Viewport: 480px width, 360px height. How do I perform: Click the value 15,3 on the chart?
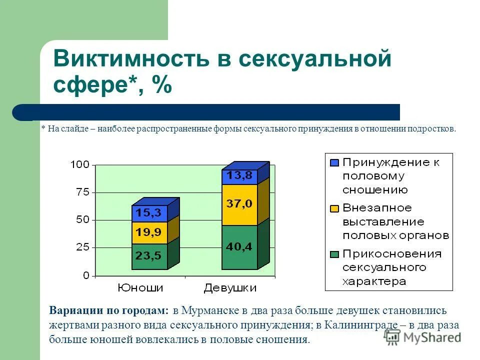tap(149, 213)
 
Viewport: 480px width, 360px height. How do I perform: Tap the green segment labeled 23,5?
tap(149, 256)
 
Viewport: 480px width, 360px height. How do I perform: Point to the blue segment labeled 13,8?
tap(239, 176)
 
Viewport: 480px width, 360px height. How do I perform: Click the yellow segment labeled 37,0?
tap(239, 204)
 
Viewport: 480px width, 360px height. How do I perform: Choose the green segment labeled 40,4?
tap(239, 246)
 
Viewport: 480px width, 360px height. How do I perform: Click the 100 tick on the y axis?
tap(80, 164)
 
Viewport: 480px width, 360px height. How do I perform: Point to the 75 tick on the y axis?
tap(82, 192)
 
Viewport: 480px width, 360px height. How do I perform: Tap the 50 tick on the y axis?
tap(82, 220)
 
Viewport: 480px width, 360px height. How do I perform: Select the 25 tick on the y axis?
tap(82, 247)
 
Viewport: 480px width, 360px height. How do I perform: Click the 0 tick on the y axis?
tap(86, 275)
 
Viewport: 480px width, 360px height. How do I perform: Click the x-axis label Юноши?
tap(140, 288)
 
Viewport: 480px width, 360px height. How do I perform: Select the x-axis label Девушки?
tap(230, 288)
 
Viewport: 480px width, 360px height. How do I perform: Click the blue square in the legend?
tap(334, 162)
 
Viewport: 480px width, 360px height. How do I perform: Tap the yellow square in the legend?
tap(334, 208)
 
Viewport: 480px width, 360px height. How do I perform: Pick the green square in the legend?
tap(334, 254)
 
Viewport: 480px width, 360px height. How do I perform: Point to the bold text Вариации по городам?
tap(109, 310)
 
